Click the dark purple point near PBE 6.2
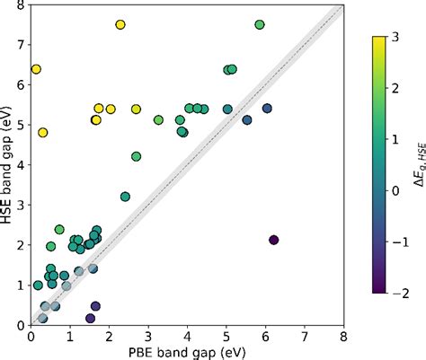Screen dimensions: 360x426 (274, 240)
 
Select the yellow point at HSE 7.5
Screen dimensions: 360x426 (120, 24)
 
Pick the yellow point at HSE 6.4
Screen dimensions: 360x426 (37, 69)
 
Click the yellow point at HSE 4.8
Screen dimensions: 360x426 (42, 133)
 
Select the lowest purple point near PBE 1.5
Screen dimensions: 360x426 (90, 318)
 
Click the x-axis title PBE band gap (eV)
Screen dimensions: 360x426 (187, 352)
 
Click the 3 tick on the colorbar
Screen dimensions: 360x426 (396, 36)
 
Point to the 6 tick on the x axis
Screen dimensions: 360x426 (265, 336)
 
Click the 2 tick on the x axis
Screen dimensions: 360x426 (109, 336)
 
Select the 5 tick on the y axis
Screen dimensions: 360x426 (21, 125)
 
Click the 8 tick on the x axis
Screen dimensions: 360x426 (343, 336)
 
